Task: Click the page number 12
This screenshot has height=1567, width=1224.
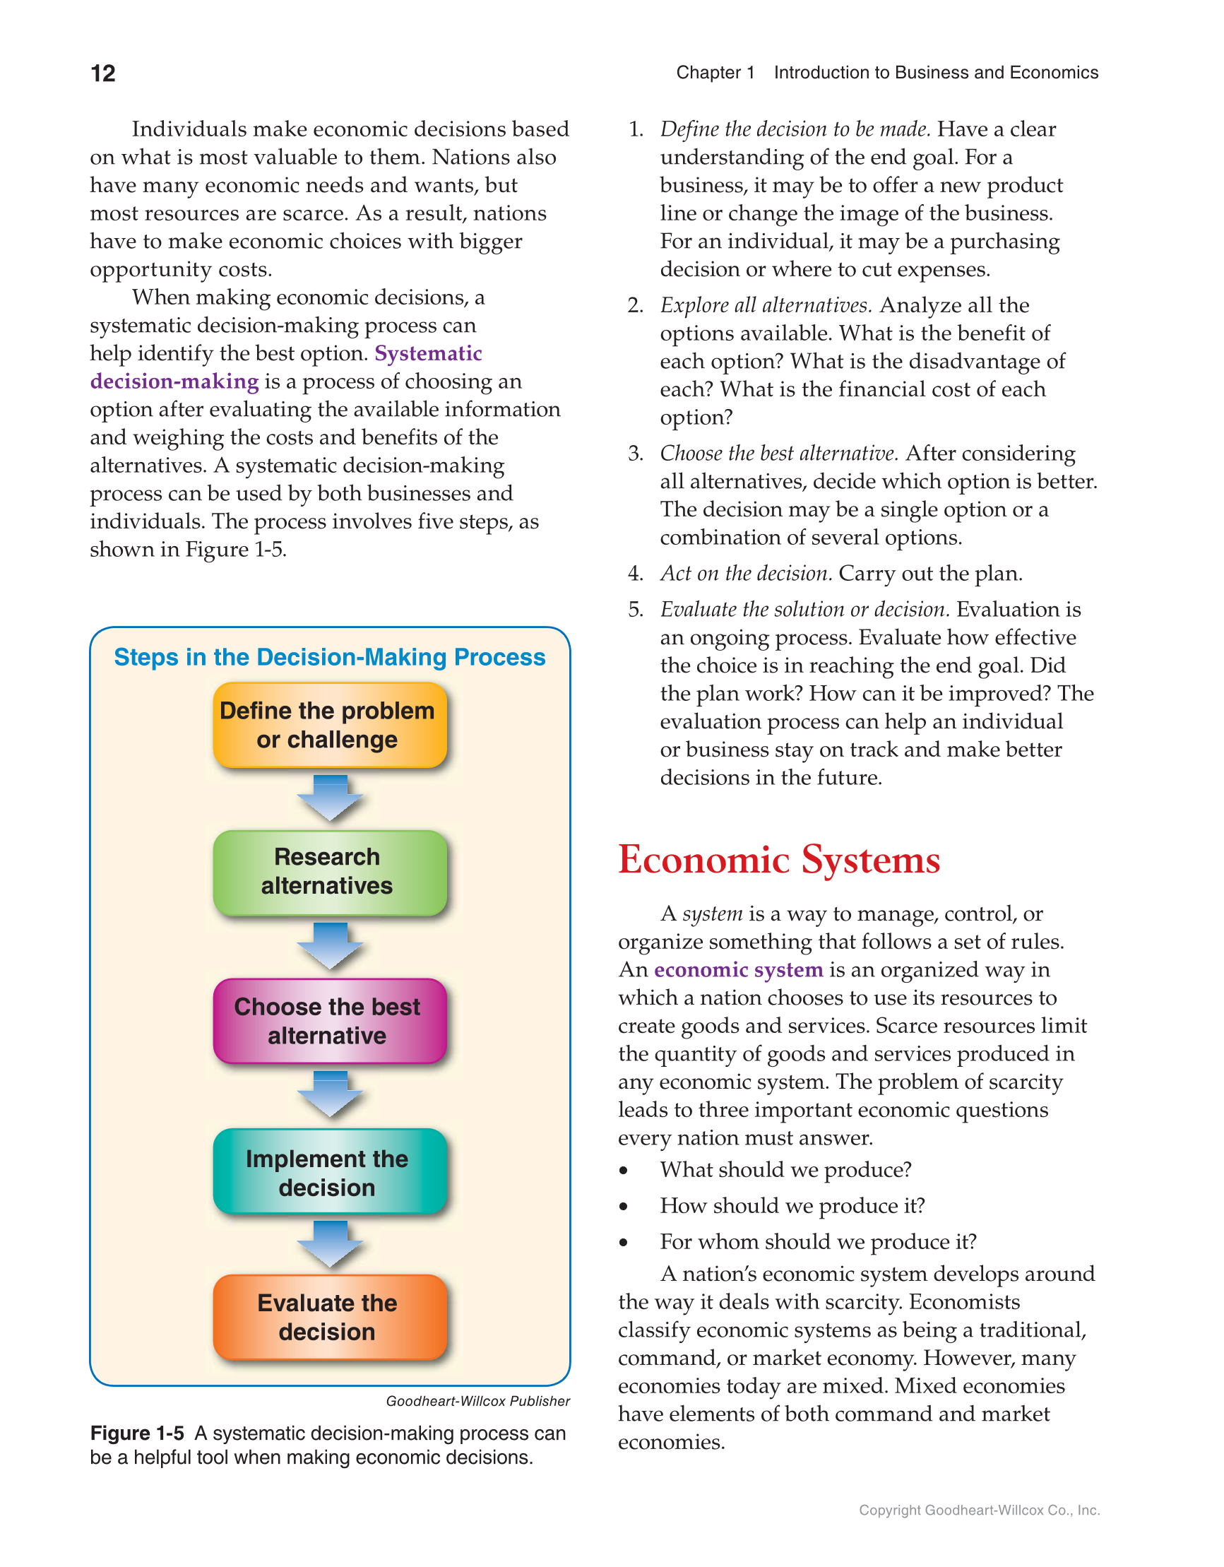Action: (x=102, y=73)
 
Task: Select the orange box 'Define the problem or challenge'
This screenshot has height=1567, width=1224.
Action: (x=329, y=725)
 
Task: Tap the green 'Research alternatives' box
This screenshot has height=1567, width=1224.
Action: (x=329, y=872)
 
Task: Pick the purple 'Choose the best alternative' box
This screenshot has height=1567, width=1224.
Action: (x=329, y=1020)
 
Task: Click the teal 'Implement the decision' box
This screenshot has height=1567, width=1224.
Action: (x=329, y=1171)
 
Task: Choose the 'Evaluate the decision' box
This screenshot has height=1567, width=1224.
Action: (x=329, y=1318)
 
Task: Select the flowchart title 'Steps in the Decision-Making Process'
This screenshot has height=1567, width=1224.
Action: (x=329, y=657)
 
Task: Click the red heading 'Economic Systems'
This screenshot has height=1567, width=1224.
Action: (x=778, y=860)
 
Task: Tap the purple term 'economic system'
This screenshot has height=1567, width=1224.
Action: (x=737, y=970)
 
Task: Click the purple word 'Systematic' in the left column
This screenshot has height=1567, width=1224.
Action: (x=427, y=354)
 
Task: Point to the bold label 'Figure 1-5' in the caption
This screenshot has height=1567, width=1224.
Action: (x=136, y=1433)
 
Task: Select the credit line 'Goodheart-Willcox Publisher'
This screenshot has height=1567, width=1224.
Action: (x=477, y=1401)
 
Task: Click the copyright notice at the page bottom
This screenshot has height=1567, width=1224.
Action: (x=979, y=1510)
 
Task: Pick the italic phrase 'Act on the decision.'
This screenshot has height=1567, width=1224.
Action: (x=745, y=573)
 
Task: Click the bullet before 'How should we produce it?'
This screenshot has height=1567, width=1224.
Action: (x=624, y=1207)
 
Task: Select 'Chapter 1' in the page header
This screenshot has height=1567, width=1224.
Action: (x=715, y=73)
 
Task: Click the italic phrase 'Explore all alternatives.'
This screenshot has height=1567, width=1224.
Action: (x=766, y=306)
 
